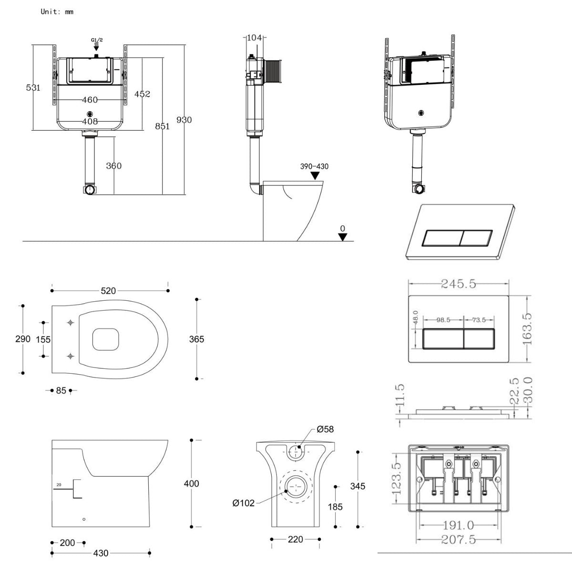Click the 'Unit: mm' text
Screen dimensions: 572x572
57,11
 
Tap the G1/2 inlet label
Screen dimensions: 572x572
97,40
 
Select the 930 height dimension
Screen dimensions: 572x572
184,120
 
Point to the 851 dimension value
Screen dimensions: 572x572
163,126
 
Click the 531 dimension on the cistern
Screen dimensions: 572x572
33,88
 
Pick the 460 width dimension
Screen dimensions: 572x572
90,100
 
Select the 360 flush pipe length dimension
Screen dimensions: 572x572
113,166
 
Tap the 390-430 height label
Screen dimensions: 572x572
314,166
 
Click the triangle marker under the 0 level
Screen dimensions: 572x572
343,237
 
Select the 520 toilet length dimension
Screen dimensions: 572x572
108,290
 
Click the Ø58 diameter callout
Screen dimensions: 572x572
325,429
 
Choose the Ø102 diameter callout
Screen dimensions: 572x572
243,503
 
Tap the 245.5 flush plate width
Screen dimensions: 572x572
459,284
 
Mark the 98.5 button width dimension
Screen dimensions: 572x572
443,320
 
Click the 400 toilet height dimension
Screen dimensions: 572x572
191,483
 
